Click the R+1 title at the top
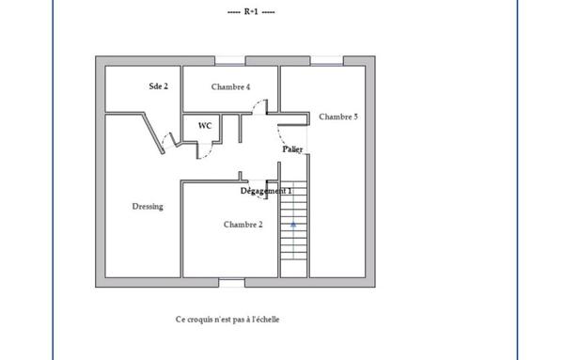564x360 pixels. tap(251, 13)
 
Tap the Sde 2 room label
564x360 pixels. tap(158, 86)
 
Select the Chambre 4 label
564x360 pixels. tap(230, 86)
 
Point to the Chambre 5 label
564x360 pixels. tap(337, 117)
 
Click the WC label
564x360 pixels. tap(204, 124)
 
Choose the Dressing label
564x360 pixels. tap(148, 207)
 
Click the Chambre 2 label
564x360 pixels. tap(243, 225)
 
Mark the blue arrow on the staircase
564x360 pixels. tap(293, 225)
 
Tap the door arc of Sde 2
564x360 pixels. tap(166, 143)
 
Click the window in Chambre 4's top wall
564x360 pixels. tap(230, 60)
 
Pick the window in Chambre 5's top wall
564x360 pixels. tap(327, 60)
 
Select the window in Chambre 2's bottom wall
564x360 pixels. tap(231, 282)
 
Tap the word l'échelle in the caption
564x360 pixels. tap(263, 320)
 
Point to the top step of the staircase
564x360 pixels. tap(293, 184)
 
